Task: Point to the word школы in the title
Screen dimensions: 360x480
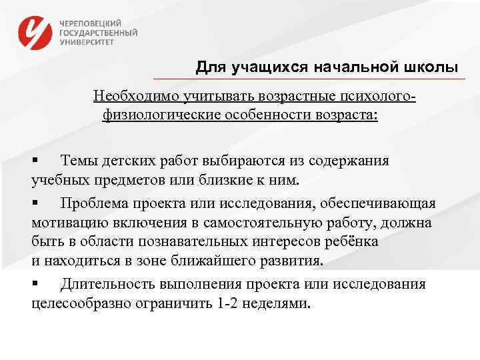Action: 431,67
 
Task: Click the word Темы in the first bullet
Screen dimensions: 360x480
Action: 79,161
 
